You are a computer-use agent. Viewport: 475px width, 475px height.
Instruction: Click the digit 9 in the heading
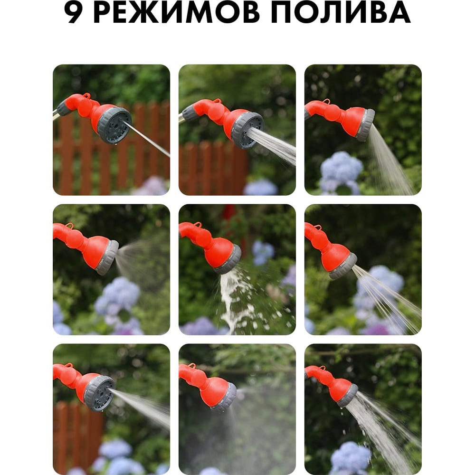point(73,13)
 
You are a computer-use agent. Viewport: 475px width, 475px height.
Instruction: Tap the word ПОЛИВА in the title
point(341,13)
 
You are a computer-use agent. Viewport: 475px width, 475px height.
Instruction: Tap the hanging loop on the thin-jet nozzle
point(87,96)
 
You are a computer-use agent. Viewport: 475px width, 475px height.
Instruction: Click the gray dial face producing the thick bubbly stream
point(248,131)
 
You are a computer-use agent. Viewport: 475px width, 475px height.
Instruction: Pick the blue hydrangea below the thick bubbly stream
point(260,187)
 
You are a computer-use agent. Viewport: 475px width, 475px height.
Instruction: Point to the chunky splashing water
point(248,300)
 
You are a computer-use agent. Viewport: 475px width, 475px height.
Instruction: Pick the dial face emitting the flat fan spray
point(100,393)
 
